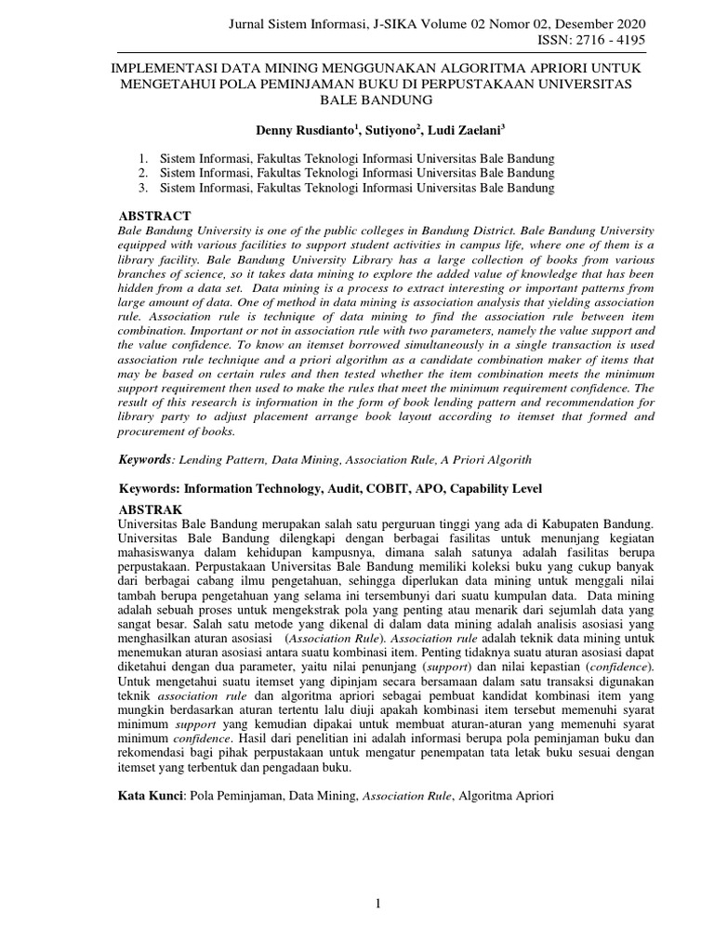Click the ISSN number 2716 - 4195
click(x=613, y=41)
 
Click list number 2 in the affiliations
click(x=142, y=173)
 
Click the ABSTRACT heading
click(x=155, y=216)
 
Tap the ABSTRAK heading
click(x=154, y=510)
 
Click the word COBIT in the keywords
click(x=372, y=488)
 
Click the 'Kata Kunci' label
click(x=152, y=797)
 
